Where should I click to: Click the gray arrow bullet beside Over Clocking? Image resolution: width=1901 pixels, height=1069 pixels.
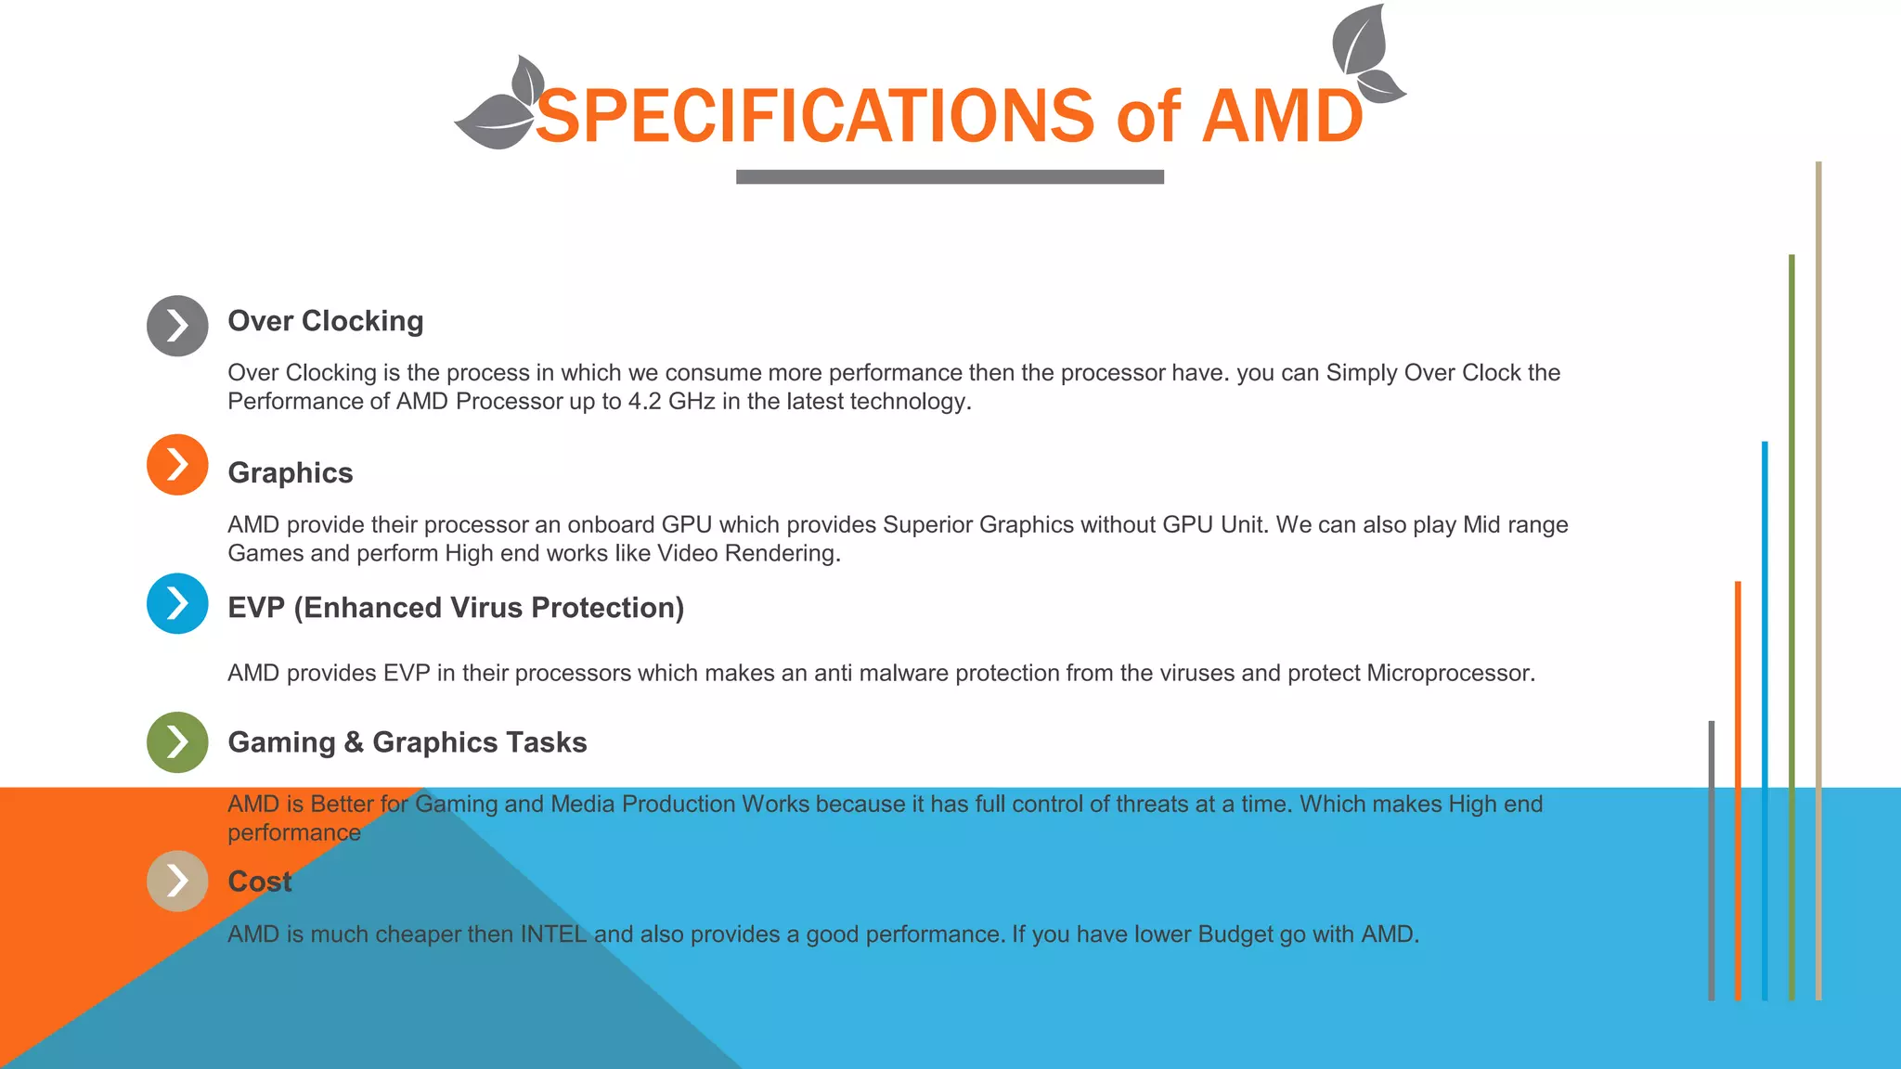click(177, 326)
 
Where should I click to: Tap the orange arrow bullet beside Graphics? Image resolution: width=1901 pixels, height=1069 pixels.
click(177, 465)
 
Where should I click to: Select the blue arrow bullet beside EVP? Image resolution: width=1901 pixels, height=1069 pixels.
click(177, 604)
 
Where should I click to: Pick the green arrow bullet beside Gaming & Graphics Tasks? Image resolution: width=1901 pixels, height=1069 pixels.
click(177, 742)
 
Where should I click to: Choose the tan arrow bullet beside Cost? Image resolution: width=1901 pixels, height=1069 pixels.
click(177, 881)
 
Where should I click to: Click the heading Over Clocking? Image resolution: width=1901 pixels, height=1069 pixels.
click(326, 321)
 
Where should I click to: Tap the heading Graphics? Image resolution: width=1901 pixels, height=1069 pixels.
click(291, 473)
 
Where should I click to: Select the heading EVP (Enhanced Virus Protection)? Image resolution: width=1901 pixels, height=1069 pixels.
click(456, 608)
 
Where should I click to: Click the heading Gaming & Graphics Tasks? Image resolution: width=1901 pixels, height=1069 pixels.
click(407, 742)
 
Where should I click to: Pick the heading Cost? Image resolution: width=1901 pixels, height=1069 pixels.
click(260, 882)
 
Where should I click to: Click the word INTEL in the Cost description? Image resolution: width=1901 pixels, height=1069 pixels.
click(553, 934)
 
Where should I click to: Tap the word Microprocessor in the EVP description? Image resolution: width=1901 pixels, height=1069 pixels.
click(1449, 673)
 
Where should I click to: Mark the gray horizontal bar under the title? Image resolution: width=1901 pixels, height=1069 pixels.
click(950, 177)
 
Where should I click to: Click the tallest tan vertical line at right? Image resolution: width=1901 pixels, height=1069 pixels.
click(1818, 575)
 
